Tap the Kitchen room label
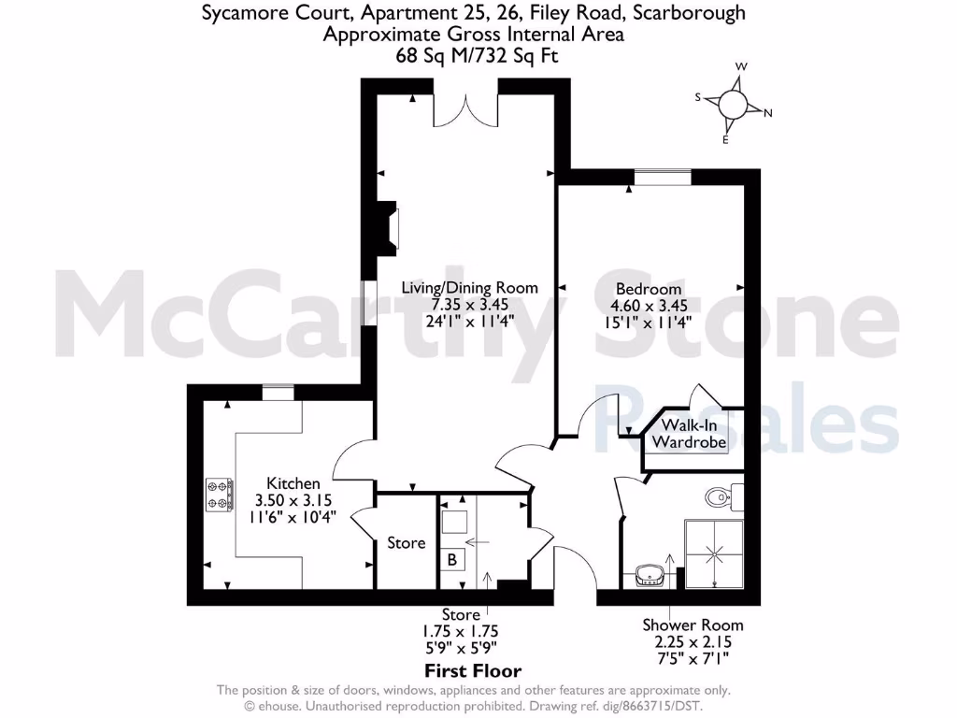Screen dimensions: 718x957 (x=293, y=483)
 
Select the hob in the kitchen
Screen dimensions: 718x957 (x=219, y=495)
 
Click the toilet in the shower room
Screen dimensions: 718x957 (x=721, y=495)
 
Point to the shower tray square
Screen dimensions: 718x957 (x=715, y=553)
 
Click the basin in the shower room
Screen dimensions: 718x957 (x=650, y=575)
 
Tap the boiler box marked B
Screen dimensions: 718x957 (x=453, y=560)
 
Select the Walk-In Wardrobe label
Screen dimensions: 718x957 (x=690, y=433)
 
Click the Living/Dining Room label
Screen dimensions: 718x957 (x=470, y=287)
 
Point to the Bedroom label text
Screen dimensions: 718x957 (x=649, y=289)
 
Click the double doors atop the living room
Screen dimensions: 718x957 (x=466, y=108)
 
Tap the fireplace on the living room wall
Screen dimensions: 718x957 (x=388, y=228)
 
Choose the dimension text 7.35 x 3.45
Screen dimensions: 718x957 (x=470, y=305)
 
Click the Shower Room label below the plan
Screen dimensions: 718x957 (x=693, y=625)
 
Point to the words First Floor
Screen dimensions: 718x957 (x=473, y=670)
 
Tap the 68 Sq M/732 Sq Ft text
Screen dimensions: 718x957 (x=474, y=55)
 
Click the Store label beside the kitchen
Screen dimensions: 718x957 (x=407, y=542)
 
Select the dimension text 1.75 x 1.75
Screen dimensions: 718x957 (x=462, y=630)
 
